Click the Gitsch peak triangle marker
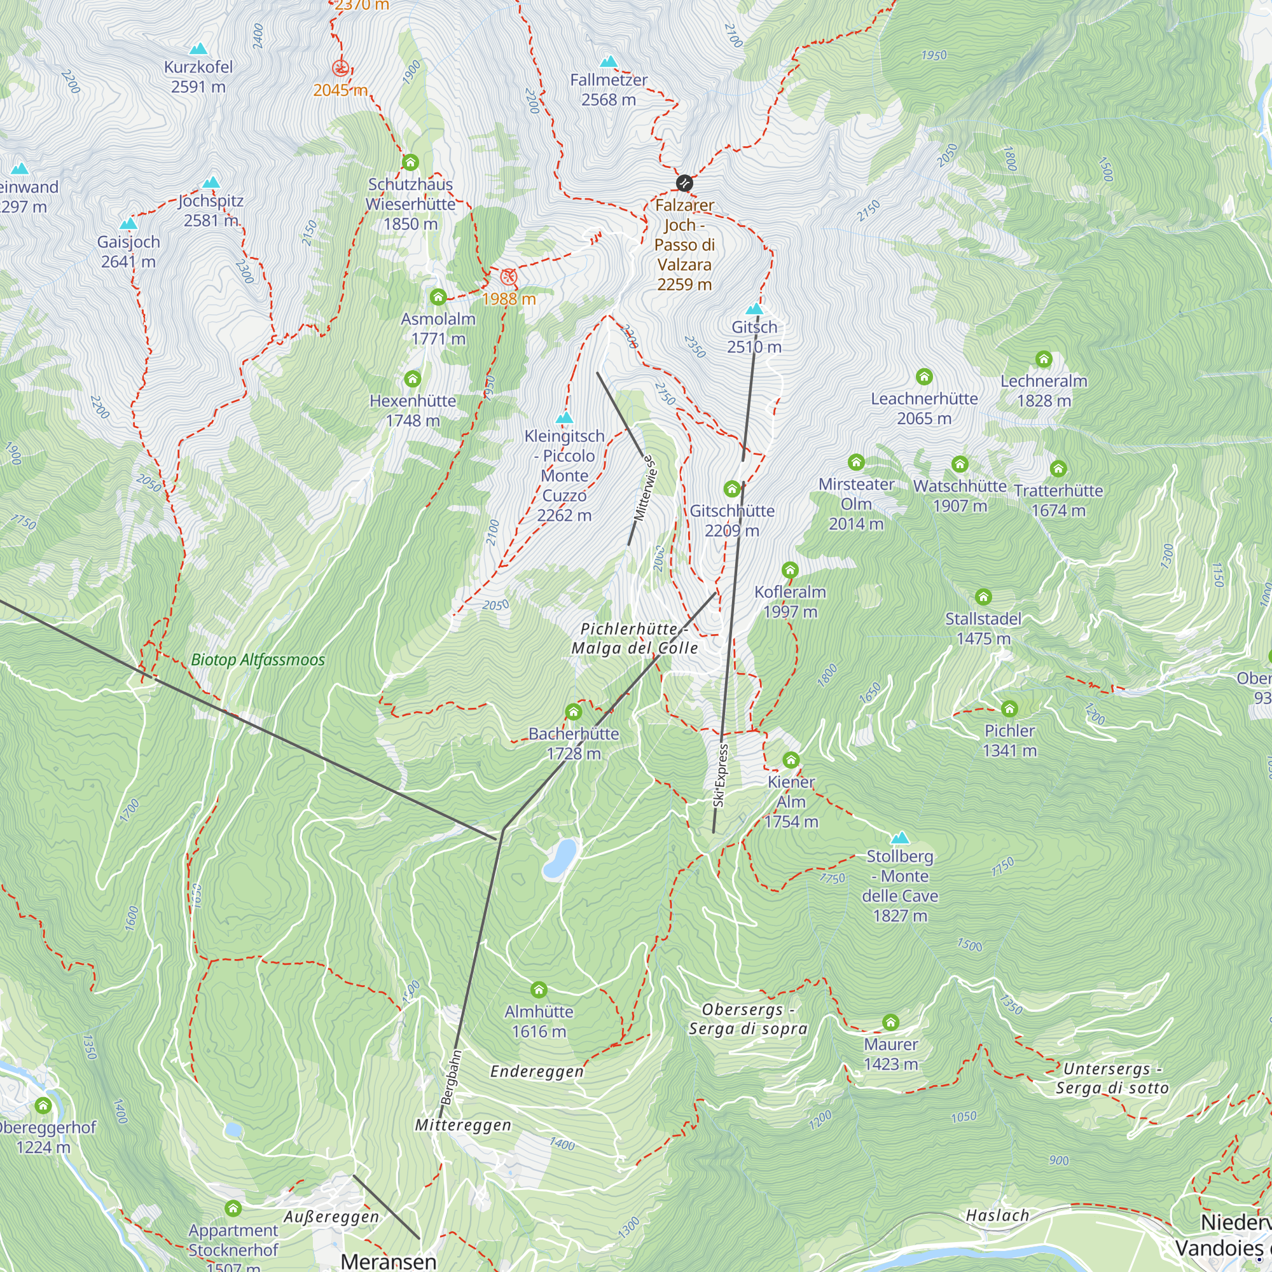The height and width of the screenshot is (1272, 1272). coord(754,309)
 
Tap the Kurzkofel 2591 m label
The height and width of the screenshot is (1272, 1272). coord(198,76)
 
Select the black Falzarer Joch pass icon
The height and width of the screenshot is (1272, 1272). coord(685,183)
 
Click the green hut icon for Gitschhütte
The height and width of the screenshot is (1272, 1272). coord(731,488)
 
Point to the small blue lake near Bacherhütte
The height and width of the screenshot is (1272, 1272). coord(560,858)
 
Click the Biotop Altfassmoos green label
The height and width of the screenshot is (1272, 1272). coord(258,660)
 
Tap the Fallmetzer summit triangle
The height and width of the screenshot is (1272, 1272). coord(609,62)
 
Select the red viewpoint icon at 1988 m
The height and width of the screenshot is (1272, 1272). coord(508,277)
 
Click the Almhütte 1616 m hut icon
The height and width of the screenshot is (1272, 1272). coord(539,990)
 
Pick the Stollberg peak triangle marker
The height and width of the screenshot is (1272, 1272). coord(899,838)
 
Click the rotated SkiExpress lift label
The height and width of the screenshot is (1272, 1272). coord(721,775)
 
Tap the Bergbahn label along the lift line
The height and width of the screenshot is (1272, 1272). coord(451,1077)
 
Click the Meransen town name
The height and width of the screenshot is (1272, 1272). coord(389,1261)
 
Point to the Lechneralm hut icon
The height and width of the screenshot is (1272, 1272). coord(1044,359)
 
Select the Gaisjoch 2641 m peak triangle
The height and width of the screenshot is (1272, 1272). coord(128,224)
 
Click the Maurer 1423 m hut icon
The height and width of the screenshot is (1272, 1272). coord(890,1023)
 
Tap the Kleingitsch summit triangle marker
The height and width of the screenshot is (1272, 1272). coord(564,418)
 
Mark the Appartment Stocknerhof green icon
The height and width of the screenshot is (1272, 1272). coord(233,1208)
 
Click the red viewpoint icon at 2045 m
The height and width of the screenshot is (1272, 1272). coord(340,68)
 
